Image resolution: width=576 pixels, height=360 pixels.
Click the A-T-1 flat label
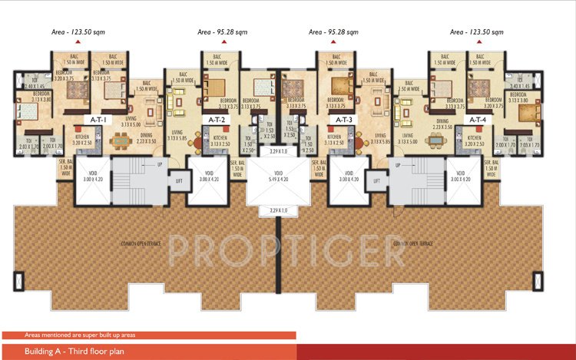(99, 120)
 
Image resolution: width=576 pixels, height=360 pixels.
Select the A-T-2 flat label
(216, 120)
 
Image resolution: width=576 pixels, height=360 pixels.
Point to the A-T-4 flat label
(477, 120)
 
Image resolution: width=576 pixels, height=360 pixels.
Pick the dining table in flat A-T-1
(121, 140)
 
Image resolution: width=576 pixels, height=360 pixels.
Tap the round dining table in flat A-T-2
(195, 140)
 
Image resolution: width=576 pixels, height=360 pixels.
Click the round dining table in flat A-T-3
(360, 140)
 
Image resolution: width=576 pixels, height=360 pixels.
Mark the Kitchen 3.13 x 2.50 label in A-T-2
(221, 140)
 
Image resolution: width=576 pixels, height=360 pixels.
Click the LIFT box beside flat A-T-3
(376, 181)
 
